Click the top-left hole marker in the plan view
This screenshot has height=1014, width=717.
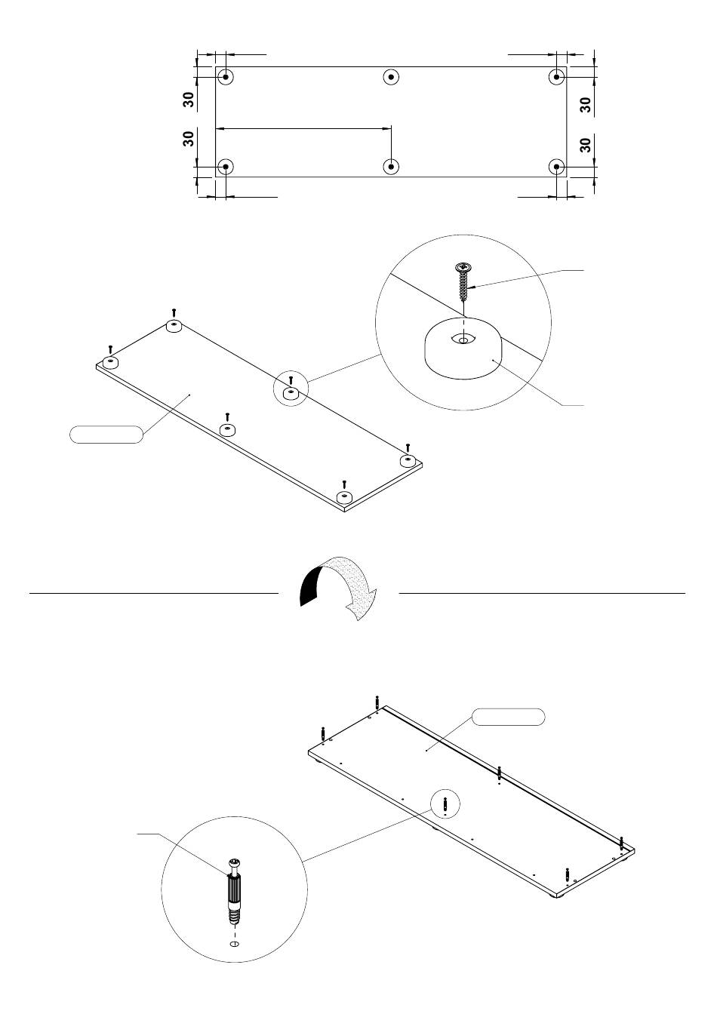(226, 77)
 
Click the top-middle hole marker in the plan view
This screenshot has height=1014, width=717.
(391, 77)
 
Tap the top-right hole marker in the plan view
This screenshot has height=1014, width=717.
(557, 77)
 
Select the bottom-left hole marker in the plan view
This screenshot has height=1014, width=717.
(226, 167)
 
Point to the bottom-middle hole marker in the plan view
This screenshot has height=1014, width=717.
(391, 167)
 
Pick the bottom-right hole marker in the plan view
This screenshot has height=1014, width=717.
(557, 167)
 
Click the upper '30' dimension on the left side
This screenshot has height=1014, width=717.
(189, 100)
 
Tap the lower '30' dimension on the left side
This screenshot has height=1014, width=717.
(189, 139)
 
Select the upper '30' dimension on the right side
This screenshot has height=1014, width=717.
(585, 105)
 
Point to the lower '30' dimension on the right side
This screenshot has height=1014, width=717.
(585, 145)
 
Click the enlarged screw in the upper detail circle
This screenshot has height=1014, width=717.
(463, 281)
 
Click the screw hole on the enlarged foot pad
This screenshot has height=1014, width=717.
(463, 339)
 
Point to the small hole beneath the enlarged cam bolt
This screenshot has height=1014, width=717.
(235, 943)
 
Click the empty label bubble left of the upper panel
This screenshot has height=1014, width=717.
(106, 434)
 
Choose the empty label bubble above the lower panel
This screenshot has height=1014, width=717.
(508, 717)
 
